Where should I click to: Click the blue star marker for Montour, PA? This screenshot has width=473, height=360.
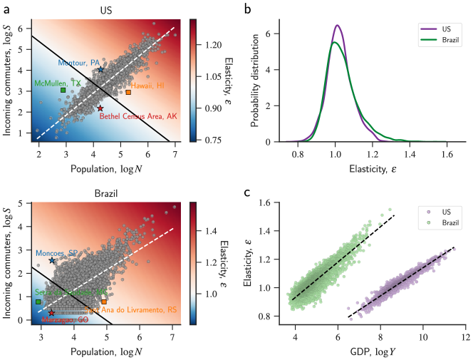(x=100, y=70)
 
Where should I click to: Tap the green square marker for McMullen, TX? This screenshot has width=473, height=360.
(x=63, y=91)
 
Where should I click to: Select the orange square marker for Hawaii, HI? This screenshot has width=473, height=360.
(x=128, y=92)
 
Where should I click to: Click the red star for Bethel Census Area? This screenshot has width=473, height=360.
(x=100, y=108)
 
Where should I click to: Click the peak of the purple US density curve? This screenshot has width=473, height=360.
(x=337, y=26)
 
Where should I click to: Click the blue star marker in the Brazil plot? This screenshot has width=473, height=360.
(x=52, y=261)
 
